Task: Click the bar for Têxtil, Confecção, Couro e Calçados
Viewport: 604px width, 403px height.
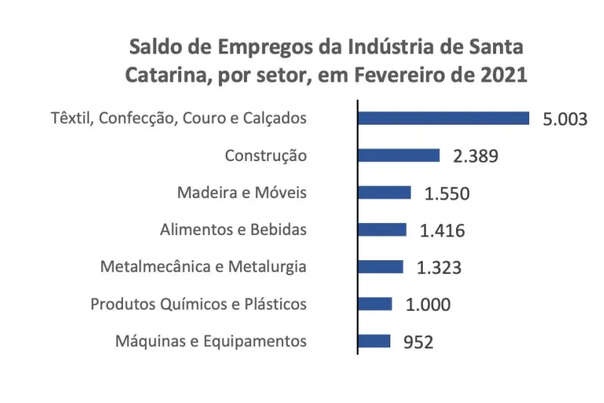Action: tap(443, 118)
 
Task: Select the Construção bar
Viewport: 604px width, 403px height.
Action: tap(399, 155)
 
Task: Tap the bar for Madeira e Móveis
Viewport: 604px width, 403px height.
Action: tap(384, 192)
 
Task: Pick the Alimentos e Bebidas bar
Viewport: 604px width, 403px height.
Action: tap(382, 229)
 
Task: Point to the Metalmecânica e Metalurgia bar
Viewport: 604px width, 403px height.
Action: tap(381, 266)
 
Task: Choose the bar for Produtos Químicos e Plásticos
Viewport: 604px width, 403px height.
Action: tap(375, 303)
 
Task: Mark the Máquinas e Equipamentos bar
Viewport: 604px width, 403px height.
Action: tap(374, 340)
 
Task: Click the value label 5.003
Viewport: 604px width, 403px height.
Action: tap(565, 119)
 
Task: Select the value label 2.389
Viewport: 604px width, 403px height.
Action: tap(476, 157)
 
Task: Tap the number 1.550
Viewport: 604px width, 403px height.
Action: tap(447, 194)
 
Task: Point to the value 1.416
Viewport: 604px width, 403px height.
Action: tap(442, 231)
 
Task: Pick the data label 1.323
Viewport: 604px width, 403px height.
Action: tap(439, 268)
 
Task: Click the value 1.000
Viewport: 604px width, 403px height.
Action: tap(428, 305)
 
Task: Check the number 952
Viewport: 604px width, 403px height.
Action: tap(419, 342)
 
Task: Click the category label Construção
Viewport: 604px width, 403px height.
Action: tap(266, 156)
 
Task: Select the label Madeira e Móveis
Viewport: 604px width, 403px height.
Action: tap(242, 192)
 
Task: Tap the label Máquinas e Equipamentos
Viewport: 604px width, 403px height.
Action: tap(211, 341)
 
